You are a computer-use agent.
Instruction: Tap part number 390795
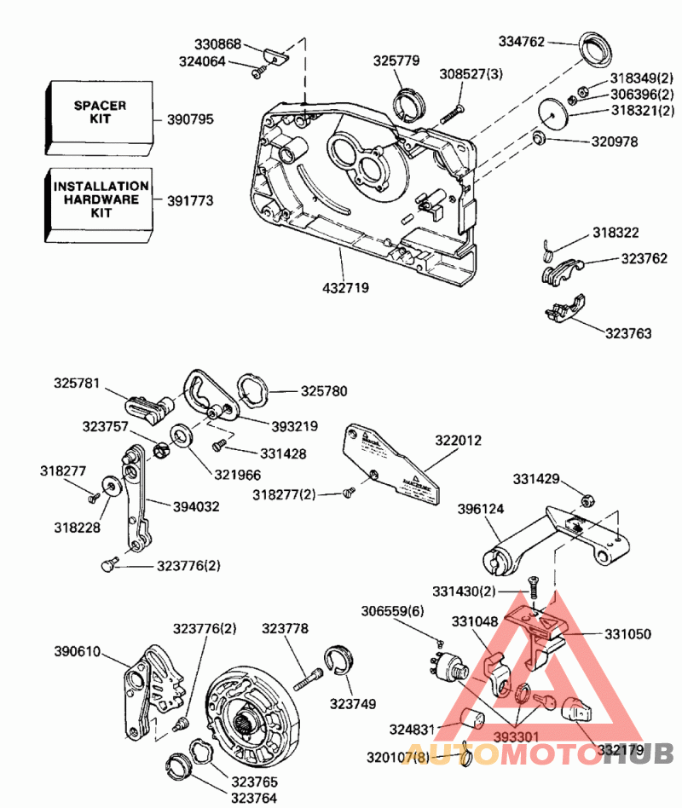coord(188,119)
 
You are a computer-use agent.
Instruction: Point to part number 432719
coord(345,288)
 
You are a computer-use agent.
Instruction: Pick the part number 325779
coord(396,61)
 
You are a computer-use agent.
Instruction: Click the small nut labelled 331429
coord(587,499)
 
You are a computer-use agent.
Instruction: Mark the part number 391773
coord(188,201)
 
